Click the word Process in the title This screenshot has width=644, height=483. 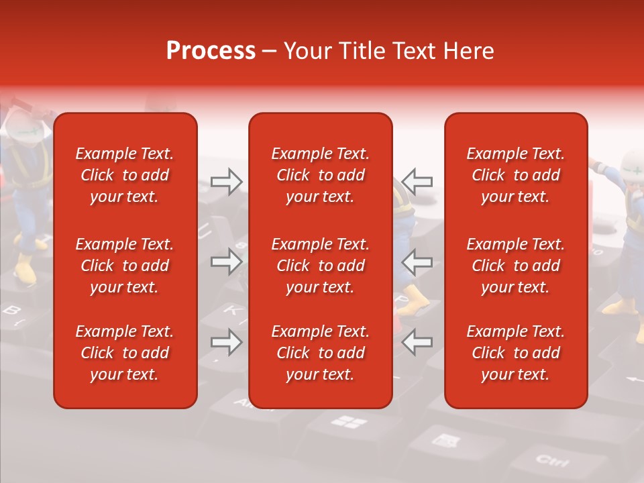211,51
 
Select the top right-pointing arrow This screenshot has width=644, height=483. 226,180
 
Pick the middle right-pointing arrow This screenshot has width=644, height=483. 226,261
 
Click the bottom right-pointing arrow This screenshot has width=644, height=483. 226,342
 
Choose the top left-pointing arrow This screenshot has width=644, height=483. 417,180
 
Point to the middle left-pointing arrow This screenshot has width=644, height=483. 417,261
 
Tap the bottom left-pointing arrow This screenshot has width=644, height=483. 417,342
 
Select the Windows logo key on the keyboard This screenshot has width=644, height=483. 350,422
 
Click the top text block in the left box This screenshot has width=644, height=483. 125,175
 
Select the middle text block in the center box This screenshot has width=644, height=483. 320,266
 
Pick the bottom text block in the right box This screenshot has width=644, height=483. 515,353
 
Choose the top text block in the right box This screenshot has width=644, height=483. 515,175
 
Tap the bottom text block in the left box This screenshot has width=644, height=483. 125,353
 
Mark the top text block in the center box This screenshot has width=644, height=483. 320,175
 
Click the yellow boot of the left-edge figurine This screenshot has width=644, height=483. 25,270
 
